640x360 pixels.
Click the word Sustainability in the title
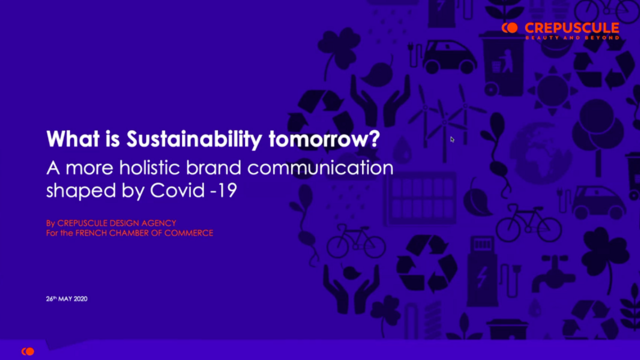tap(194, 139)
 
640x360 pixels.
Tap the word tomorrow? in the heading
tap(324, 139)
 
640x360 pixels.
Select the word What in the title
tap(73, 139)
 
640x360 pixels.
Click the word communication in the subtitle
tap(321, 167)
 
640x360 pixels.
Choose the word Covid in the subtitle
tap(178, 190)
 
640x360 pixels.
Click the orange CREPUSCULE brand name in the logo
tap(572, 28)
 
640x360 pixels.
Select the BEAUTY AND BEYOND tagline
tap(572, 37)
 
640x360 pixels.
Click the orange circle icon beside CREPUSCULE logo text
tap(510, 28)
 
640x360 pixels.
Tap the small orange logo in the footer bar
tap(28, 351)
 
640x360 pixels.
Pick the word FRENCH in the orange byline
tap(91, 233)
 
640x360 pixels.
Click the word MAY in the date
tap(66, 299)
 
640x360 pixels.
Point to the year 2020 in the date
tap(81, 299)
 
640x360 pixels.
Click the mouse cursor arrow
tap(452, 139)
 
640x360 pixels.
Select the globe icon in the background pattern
tap(541, 153)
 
